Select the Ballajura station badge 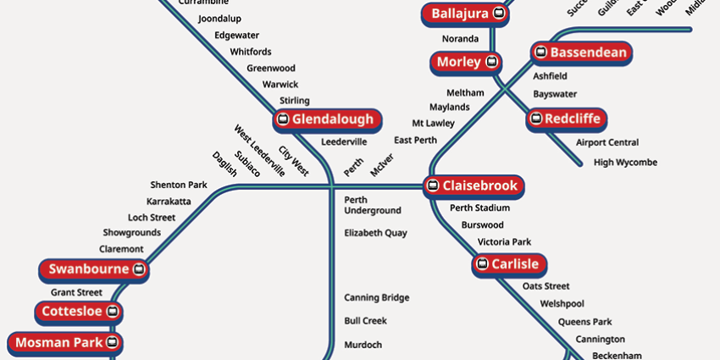click(466, 14)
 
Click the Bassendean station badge click(581, 53)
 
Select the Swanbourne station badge click(96, 270)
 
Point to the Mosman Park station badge click(65, 343)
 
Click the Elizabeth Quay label click(375, 233)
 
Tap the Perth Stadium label click(479, 208)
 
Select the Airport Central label click(607, 143)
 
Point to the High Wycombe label click(625, 163)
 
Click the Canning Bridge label click(376, 298)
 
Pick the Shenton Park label click(179, 185)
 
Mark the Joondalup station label click(219, 19)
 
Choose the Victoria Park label click(504, 242)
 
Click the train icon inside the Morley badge click(491, 62)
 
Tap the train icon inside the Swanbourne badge click(140, 270)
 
